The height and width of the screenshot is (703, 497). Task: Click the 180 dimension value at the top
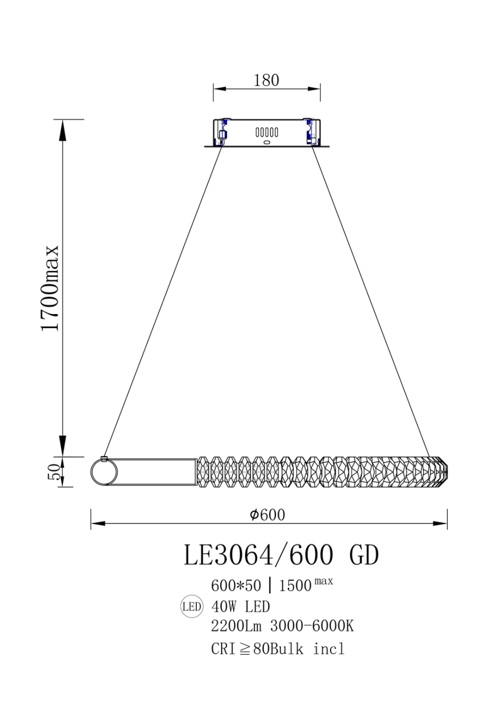pyautogui.click(x=266, y=81)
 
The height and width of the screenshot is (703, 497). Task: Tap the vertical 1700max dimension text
pyautogui.click(x=50, y=288)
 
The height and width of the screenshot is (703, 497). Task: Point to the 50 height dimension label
pyautogui.click(x=54, y=472)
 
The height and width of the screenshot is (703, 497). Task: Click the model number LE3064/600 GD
pyautogui.click(x=281, y=555)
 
